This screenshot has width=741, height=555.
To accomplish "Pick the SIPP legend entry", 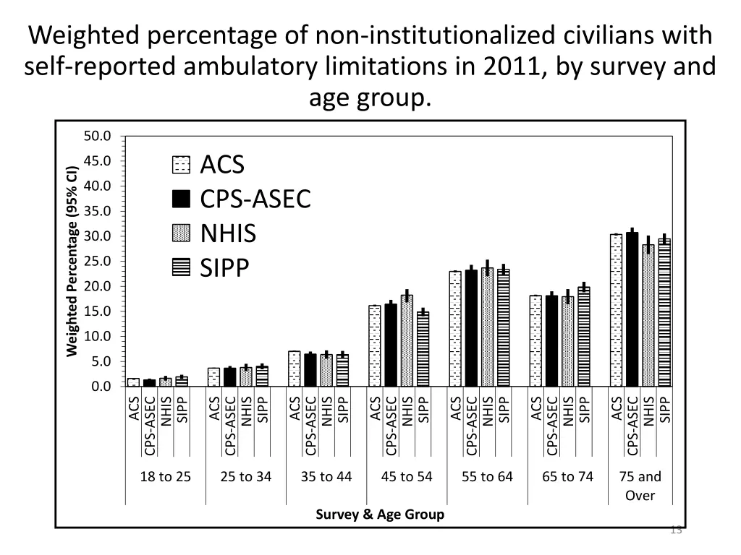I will pos(224,268).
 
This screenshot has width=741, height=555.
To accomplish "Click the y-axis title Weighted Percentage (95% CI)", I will pos(72,262).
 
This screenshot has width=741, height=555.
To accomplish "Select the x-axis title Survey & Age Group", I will pos(380,515).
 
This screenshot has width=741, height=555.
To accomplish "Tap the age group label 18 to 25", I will pos(166,476).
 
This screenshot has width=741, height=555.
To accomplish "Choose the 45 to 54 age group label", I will pos(407,476).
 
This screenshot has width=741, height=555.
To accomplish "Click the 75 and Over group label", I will pos(640,485).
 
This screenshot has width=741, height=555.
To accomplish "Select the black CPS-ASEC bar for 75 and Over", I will pos(632,309).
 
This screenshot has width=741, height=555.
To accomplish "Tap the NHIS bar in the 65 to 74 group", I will pos(568,342).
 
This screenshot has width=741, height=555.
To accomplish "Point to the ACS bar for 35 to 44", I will pos(295,369).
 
